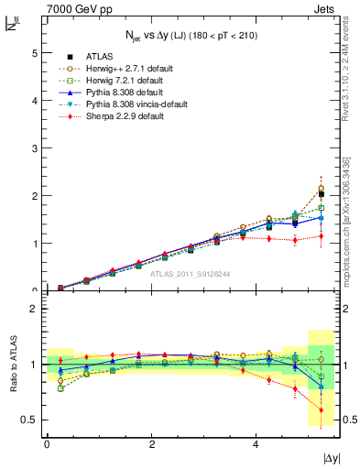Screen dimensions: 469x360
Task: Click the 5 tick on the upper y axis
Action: [x=34, y=53]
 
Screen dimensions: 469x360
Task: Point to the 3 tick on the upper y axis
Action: [x=34, y=148]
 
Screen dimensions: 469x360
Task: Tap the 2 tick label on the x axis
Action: [x=151, y=443]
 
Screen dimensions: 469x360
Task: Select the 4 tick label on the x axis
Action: [x=256, y=443]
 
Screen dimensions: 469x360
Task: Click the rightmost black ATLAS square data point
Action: [x=321, y=194]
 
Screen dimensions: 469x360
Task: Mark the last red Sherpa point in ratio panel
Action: [x=321, y=409]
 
